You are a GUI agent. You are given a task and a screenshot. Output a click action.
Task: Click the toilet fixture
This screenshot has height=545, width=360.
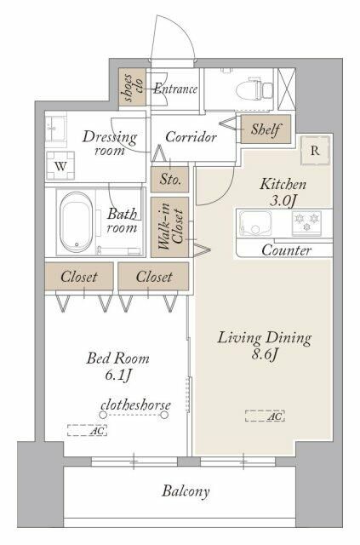click(x=254, y=89)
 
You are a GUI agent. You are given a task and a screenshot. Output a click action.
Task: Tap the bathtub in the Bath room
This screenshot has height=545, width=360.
click(x=76, y=222)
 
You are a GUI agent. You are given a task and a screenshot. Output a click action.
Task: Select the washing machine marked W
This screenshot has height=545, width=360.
click(x=60, y=166)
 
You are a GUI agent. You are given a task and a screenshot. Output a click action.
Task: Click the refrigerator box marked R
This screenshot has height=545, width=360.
click(x=315, y=150)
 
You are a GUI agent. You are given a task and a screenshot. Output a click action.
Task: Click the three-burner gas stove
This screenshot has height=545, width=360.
click(x=307, y=222)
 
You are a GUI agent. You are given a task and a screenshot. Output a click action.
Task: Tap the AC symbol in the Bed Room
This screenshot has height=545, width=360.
click(x=87, y=430)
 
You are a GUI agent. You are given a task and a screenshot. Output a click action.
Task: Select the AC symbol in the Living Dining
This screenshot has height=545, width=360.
click(x=265, y=416)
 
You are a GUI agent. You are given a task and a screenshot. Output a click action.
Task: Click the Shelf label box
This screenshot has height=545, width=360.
click(x=266, y=129)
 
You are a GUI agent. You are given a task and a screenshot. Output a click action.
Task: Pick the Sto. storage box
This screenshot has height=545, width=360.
click(x=170, y=179)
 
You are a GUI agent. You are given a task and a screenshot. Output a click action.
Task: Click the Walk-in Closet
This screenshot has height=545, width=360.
click(x=170, y=227)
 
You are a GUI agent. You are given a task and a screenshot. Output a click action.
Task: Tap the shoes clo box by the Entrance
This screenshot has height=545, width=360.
click(x=132, y=87)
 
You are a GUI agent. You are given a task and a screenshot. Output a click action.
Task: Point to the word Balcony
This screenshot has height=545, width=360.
click(x=186, y=491)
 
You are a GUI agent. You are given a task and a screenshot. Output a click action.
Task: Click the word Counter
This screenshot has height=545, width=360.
click(x=286, y=250)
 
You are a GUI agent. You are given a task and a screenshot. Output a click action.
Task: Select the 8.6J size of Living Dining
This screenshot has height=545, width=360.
click(x=265, y=355)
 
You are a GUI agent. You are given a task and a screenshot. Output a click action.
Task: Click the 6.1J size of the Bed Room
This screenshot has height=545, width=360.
click(x=117, y=375)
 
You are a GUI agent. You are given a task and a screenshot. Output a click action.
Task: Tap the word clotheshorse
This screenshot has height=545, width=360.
click(x=135, y=404)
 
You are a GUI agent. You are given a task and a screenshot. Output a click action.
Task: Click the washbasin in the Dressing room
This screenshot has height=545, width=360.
click(x=55, y=128)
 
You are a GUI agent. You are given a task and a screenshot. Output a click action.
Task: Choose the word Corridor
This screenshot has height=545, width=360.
click(x=191, y=137)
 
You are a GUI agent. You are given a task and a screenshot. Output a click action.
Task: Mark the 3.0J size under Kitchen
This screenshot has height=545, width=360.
click(x=283, y=201)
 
